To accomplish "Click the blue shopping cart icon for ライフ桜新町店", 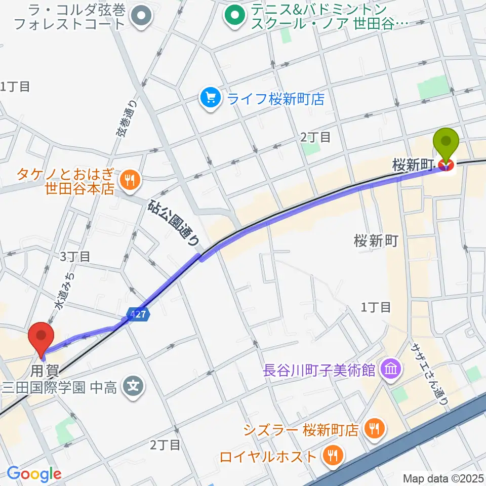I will [x=210, y=98].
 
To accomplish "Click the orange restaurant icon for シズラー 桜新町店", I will [x=375, y=430].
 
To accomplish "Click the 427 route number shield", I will [x=140, y=314].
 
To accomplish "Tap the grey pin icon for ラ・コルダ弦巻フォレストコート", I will [x=141, y=17].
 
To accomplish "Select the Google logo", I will [x=33, y=474].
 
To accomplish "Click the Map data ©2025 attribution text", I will [x=443, y=477].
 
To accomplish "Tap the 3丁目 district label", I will [x=75, y=256].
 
